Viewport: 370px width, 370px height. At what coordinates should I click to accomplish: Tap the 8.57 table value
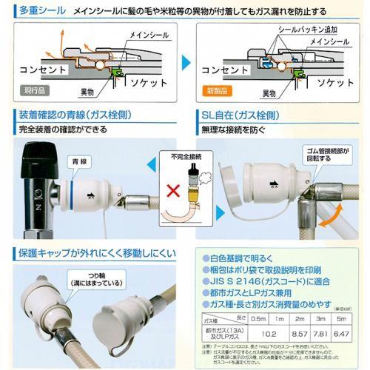(x=297, y=333)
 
